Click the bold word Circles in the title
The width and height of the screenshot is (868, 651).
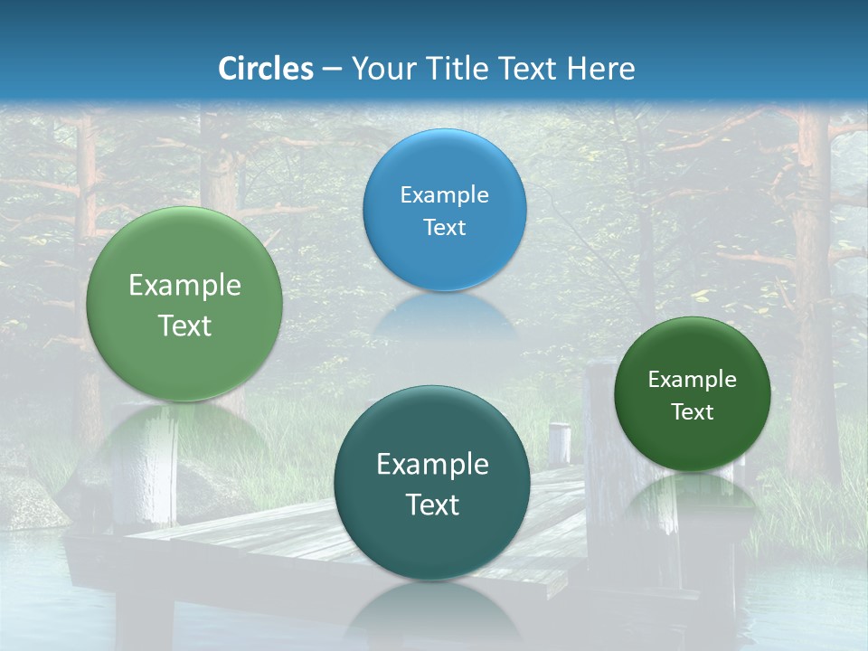coord(265,69)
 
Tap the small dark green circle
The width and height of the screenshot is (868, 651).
coord(693,353)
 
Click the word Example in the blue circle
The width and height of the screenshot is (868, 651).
coord(444,195)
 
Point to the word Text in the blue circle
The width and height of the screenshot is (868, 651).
coord(444,228)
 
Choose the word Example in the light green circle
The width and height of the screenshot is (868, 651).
coord(184,286)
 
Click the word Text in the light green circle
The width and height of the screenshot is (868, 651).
coord(184,326)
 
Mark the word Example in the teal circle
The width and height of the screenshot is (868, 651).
coord(432,465)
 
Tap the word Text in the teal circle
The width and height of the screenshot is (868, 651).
coord(432,505)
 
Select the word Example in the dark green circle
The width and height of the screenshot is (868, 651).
coord(693,380)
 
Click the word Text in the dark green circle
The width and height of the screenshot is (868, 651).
coord(693,412)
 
